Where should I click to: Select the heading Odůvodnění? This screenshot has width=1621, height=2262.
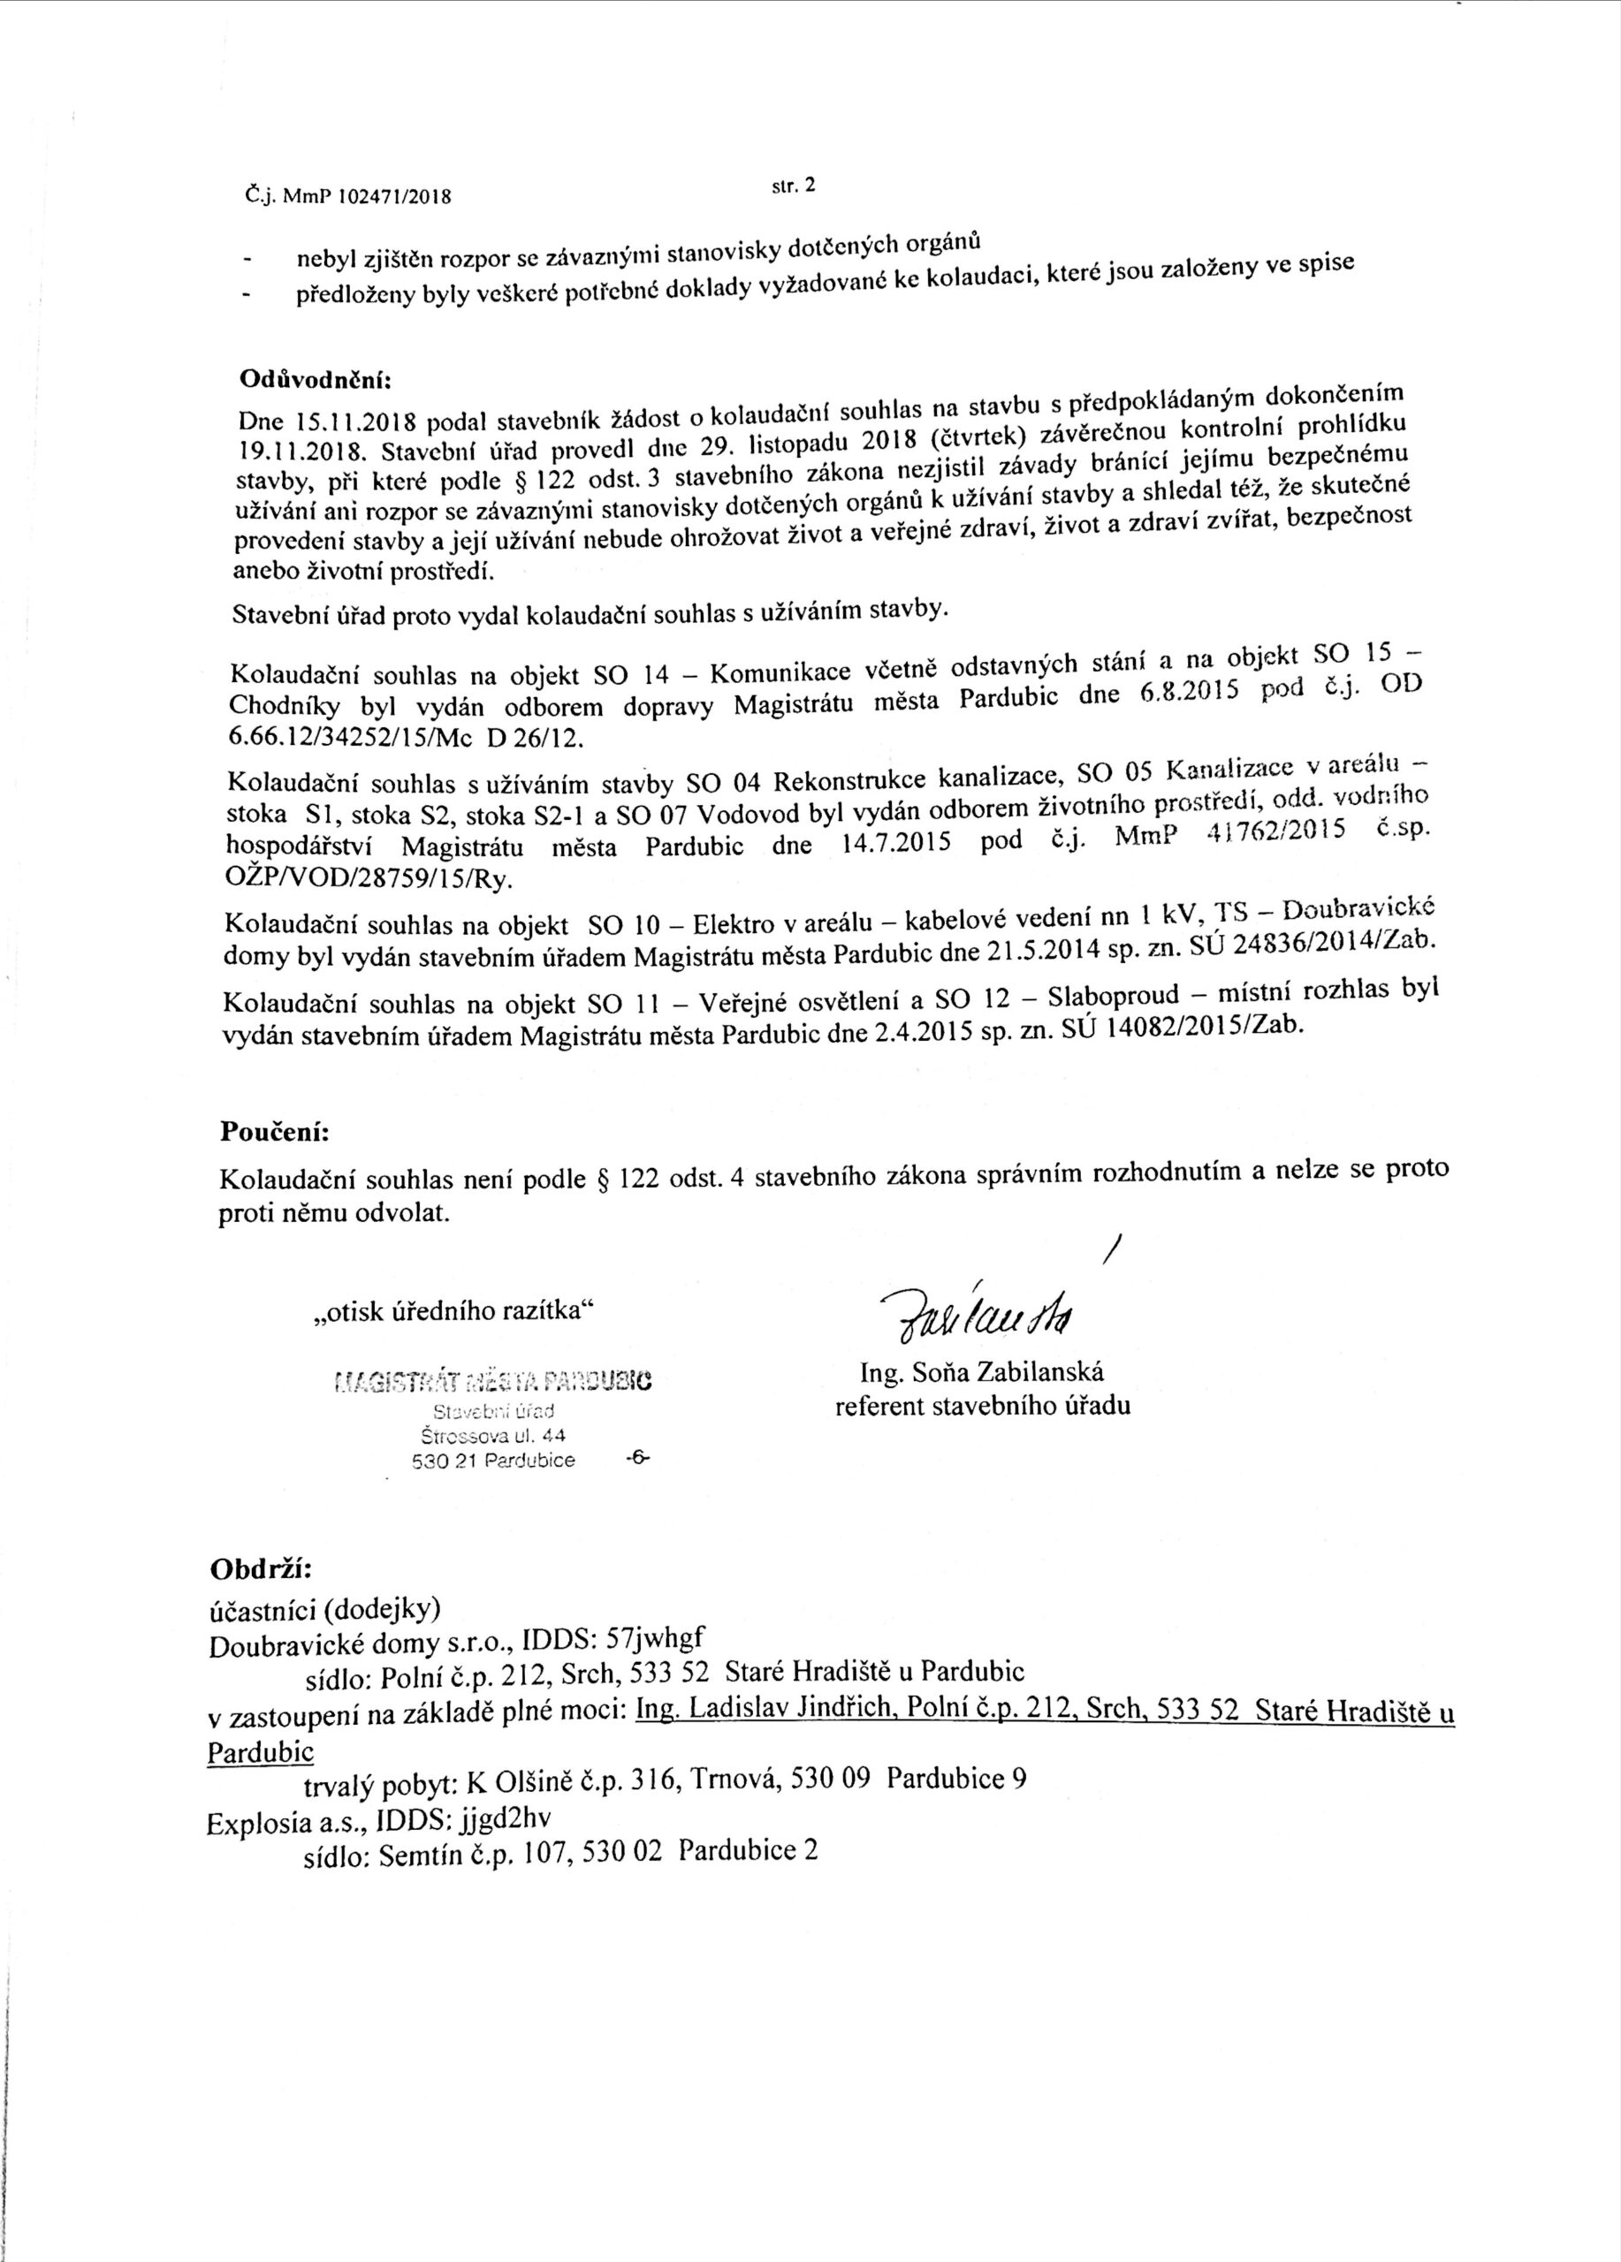(x=316, y=382)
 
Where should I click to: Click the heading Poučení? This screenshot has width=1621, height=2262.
(x=273, y=1133)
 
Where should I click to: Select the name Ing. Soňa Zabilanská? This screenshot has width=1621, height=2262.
(x=982, y=1373)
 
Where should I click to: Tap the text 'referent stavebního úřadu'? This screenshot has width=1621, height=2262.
(x=983, y=1408)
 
